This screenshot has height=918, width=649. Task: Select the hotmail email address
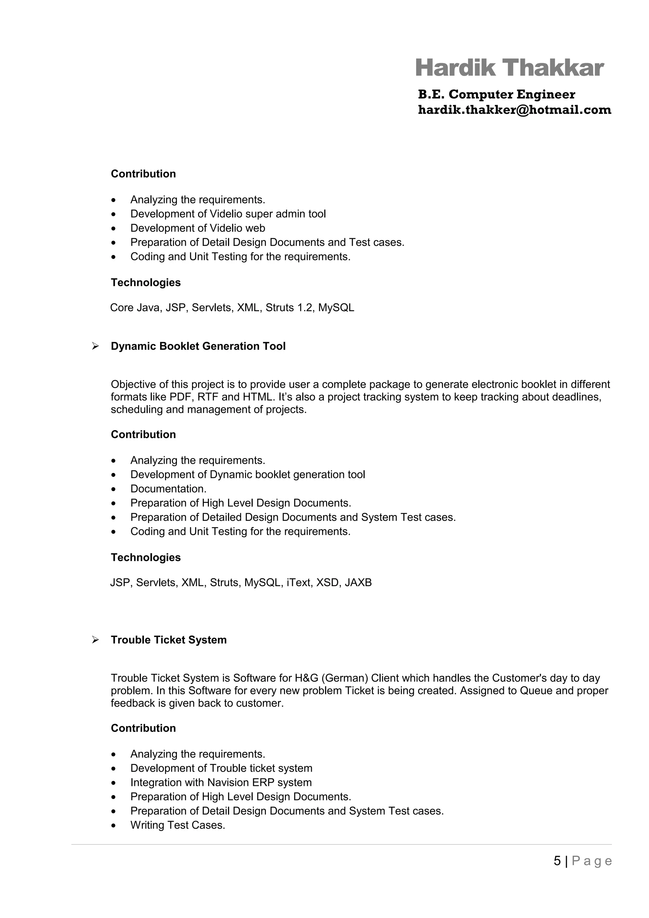point(514,110)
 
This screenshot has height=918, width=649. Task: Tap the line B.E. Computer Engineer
point(496,94)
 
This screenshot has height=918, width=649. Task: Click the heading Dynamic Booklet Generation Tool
point(198,346)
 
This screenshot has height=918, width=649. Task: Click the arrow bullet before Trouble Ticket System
point(95,640)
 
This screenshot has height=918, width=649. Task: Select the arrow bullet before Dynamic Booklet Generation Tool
point(95,346)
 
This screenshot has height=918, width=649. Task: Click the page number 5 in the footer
point(557,861)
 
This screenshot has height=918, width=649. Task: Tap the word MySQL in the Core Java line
point(336,308)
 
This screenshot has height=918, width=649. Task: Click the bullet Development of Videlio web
point(197,228)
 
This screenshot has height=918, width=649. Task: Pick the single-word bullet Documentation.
point(168,489)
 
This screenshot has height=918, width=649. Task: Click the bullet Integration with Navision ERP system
point(221,782)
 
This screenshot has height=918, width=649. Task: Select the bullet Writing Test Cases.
point(177,825)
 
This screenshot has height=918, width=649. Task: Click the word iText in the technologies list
point(298,583)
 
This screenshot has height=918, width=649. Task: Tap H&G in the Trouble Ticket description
point(306,678)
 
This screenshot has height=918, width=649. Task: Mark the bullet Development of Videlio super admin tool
point(228,214)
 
